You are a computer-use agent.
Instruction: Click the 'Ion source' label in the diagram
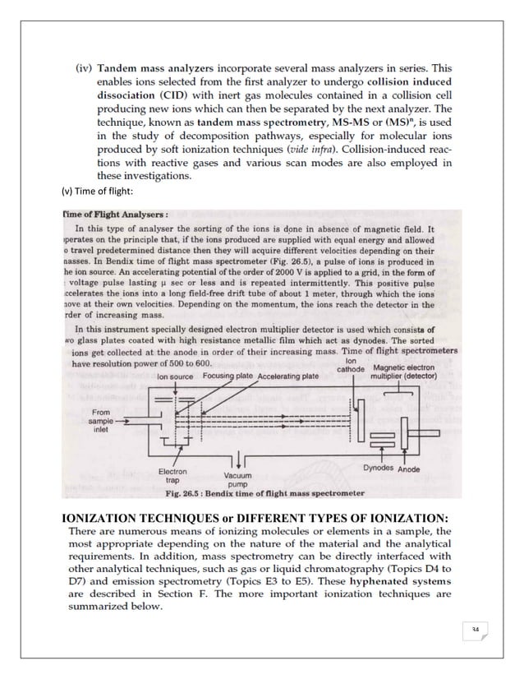click(175, 376)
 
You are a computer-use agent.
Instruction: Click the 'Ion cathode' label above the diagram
click(352, 364)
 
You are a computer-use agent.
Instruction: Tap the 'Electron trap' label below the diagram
click(172, 477)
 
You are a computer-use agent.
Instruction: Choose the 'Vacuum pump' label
click(237, 480)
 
